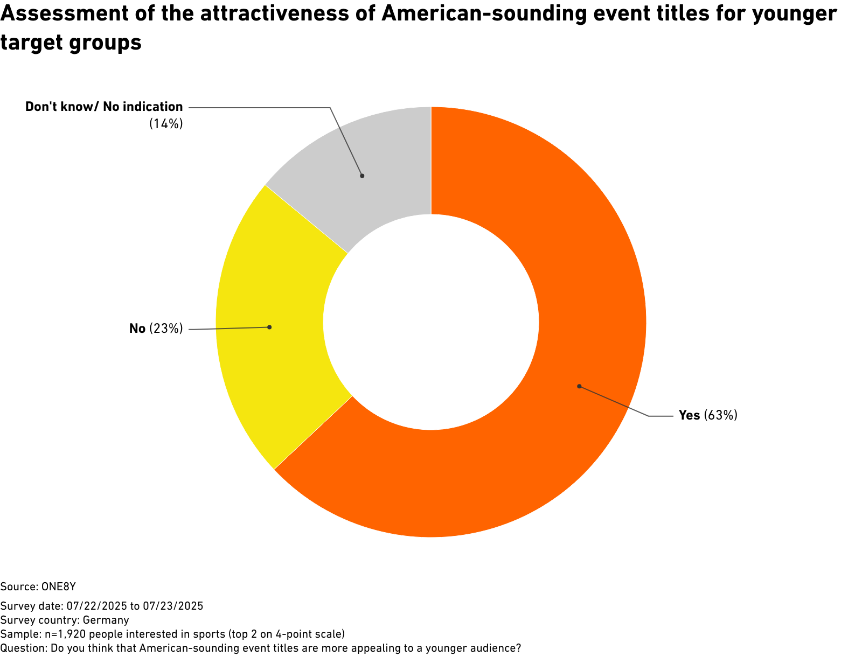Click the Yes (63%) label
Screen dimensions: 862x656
tap(708, 415)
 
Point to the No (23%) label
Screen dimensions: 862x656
tap(156, 328)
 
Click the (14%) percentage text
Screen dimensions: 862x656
tap(166, 124)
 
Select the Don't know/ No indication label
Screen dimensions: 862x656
tap(104, 107)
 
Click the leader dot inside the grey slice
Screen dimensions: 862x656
tap(362, 176)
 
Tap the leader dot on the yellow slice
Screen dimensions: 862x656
tap(269, 327)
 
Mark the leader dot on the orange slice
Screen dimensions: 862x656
tap(579, 386)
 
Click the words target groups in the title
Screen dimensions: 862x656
tap(71, 43)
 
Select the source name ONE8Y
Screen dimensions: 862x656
tap(59, 587)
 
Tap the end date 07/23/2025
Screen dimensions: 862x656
tap(173, 606)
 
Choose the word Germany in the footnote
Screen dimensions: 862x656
tap(106, 620)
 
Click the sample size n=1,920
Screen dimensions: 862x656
tap(65, 634)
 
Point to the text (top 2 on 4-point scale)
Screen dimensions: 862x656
tap(287, 634)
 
